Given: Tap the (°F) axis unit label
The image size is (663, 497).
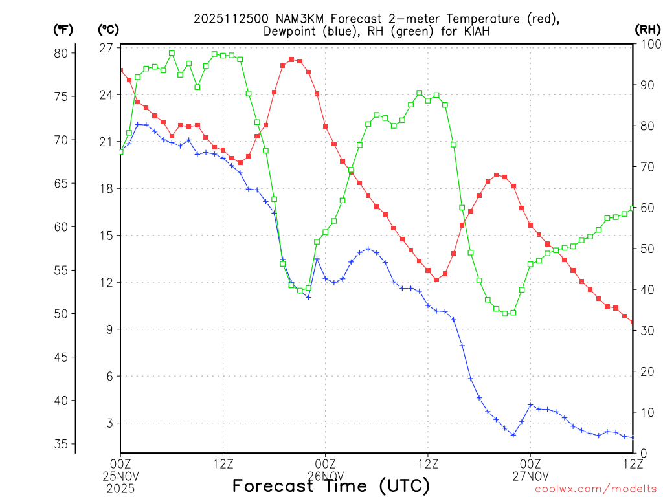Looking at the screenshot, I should (63, 29).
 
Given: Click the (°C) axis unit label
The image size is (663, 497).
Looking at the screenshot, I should (109, 29).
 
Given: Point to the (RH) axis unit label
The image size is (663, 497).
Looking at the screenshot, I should (647, 29).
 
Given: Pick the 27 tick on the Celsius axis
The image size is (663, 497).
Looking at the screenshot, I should (106, 48).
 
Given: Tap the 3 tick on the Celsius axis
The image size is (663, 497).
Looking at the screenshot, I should (109, 423).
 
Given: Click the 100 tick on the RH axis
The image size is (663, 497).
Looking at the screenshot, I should (649, 43).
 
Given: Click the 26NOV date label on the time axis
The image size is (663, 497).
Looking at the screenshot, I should (326, 476).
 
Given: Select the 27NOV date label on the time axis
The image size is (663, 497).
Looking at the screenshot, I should (530, 476).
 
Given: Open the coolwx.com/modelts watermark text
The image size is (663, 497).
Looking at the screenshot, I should (596, 489).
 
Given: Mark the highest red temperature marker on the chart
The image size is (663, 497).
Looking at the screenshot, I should (291, 60).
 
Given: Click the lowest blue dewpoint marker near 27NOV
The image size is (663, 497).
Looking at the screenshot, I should (513, 435).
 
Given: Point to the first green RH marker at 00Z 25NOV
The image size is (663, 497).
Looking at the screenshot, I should (120, 151).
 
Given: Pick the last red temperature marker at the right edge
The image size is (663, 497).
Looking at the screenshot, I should (633, 322).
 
